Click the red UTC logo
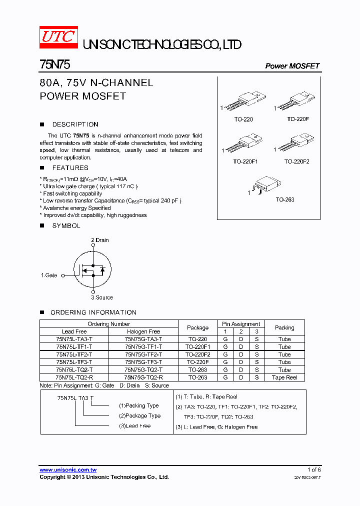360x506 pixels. pos(58,37)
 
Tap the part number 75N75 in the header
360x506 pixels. pos(50,65)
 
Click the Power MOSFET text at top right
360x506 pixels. pos(292,66)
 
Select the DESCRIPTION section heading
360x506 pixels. pos(75,124)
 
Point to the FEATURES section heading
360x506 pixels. pos(70,168)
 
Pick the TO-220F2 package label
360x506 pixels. pos(297,161)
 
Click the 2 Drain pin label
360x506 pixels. pos(99,240)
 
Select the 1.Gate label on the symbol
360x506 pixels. pos(49,275)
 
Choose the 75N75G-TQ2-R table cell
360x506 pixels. pos(143,377)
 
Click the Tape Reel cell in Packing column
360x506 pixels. pos(284,377)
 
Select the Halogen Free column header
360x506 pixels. pos(143,331)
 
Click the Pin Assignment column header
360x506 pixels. pos(241,324)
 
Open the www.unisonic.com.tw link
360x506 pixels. pos(68,470)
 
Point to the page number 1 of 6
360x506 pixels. pos(314,469)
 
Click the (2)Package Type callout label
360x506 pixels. pos(139,415)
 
